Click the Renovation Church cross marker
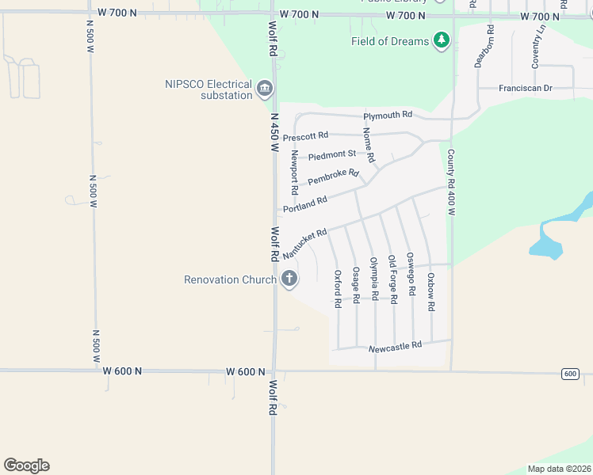pos(289,279)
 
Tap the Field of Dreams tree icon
pos(442,40)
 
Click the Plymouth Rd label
pos(388,116)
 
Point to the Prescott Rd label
pos(305,136)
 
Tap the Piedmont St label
pos(332,154)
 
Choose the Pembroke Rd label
pos(333,177)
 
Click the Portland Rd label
pos(305,203)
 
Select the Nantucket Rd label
pos(304,243)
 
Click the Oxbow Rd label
pos(430,292)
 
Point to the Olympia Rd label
pos(373,279)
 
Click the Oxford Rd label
pos(338,288)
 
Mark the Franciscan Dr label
pos(525,88)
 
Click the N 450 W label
pos(274,131)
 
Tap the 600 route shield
pos(570,374)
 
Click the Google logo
pos(26,465)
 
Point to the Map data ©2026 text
pos(558,469)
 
